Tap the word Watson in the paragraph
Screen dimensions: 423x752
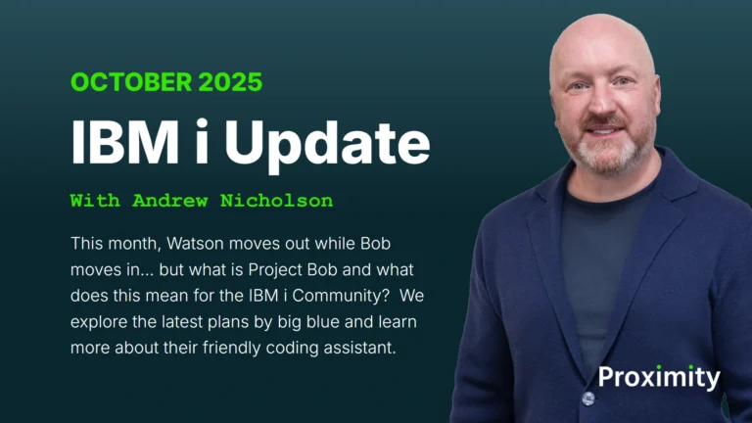pos(199,241)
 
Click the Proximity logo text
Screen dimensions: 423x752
pos(659,377)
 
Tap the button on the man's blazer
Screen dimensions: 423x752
pos(588,398)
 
